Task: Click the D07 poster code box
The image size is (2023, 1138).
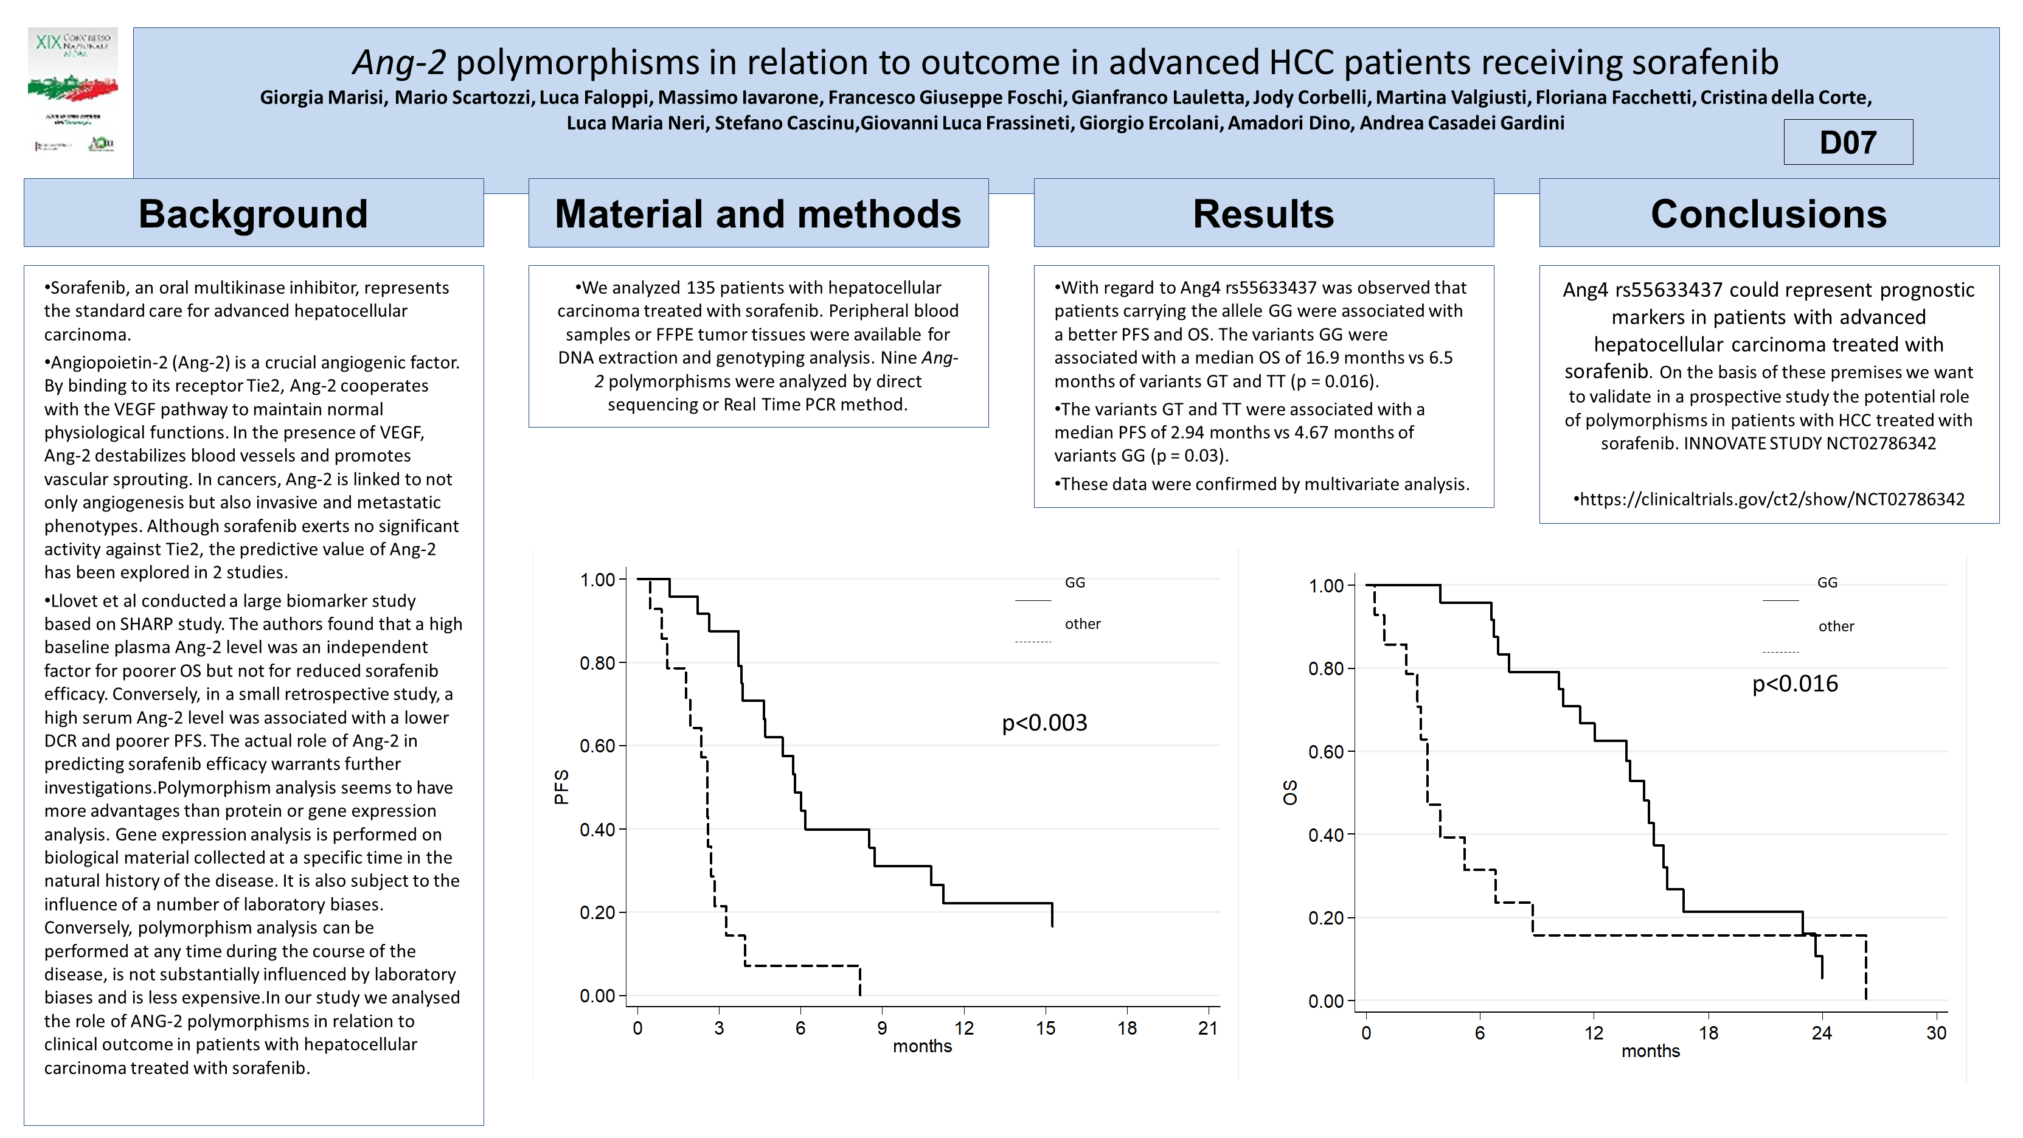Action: coord(1847,142)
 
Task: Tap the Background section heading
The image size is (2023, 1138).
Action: coord(253,213)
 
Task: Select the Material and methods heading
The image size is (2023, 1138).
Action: coord(758,213)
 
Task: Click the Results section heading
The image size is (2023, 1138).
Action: coord(1263,213)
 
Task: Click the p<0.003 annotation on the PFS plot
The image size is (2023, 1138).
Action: coord(1044,723)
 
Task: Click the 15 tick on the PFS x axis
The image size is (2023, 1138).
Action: coord(1046,1028)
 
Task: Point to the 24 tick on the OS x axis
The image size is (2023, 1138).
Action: coord(1821,1033)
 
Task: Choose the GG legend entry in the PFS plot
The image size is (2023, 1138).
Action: coord(1074,583)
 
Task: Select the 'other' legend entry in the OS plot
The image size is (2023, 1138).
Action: coord(1835,626)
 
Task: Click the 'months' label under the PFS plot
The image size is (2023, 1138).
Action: coord(922,1046)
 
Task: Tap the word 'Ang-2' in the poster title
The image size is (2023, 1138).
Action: coord(399,62)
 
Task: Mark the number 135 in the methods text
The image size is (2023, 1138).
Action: coord(701,288)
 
